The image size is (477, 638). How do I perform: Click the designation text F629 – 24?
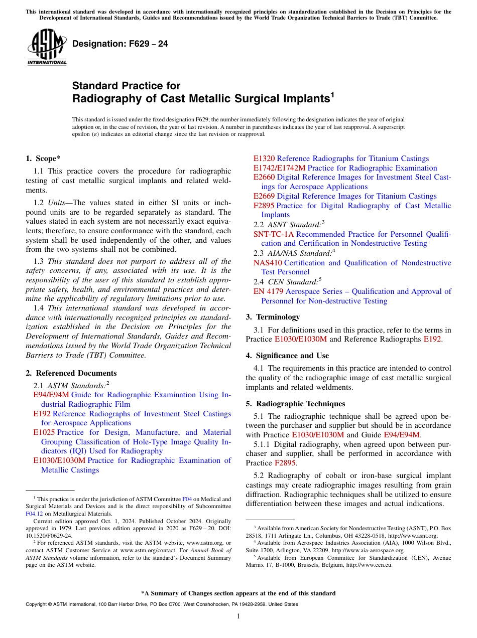120,44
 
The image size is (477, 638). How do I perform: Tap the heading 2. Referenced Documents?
71,373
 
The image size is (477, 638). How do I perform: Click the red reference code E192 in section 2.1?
42,414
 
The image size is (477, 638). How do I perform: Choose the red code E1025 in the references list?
44,432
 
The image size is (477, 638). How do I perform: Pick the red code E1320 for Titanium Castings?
264,158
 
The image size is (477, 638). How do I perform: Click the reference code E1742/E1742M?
279,168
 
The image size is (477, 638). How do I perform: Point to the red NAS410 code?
268,263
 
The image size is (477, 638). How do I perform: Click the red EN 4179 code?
266,291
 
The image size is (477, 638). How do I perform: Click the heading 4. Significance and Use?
287,356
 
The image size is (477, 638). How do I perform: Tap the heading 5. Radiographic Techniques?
295,404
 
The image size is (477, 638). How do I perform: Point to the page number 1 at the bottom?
238,617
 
